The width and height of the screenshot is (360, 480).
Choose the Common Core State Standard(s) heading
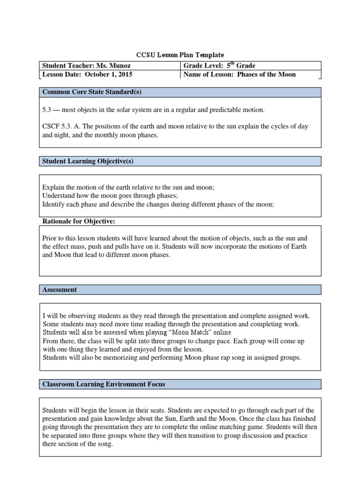coord(92,92)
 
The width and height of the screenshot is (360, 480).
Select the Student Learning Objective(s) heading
coord(88,161)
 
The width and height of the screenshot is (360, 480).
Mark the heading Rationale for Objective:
coord(79,221)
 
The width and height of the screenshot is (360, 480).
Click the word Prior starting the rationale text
coord(50,238)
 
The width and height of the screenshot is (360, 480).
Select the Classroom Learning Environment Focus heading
coord(104,384)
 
